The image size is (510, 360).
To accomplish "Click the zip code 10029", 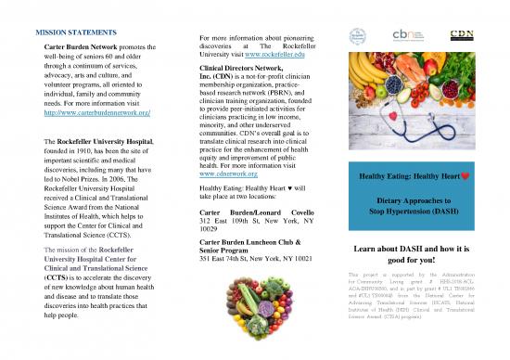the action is pos(213,236).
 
